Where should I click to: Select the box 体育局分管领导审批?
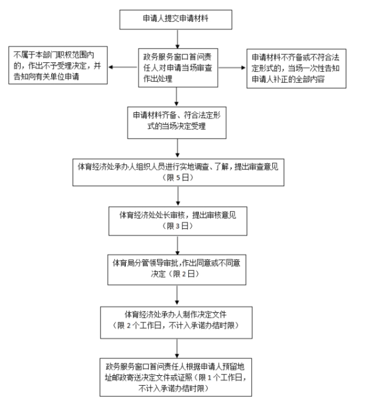tap(177, 267)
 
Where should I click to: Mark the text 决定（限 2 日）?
tap(177, 273)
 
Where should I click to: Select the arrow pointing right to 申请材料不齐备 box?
tap(236, 66)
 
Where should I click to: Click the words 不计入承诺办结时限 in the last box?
tap(177, 387)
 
